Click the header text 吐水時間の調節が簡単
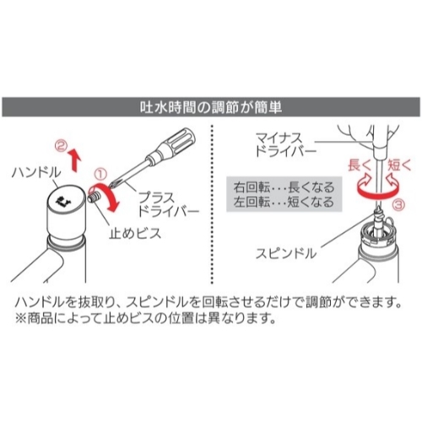(x=211, y=107)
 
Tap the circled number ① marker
(x=100, y=174)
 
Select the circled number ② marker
(x=62, y=146)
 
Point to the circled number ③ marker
(x=398, y=204)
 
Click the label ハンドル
(x=36, y=172)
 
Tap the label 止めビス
(x=135, y=233)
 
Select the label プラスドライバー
(x=168, y=204)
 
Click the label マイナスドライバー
(x=286, y=145)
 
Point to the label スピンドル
(x=286, y=254)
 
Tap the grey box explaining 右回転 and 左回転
(x=284, y=194)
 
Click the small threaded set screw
(x=95, y=195)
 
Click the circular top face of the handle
(x=66, y=201)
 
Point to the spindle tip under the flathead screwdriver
(x=378, y=209)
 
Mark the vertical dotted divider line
(x=212, y=203)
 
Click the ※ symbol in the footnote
(x=20, y=319)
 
